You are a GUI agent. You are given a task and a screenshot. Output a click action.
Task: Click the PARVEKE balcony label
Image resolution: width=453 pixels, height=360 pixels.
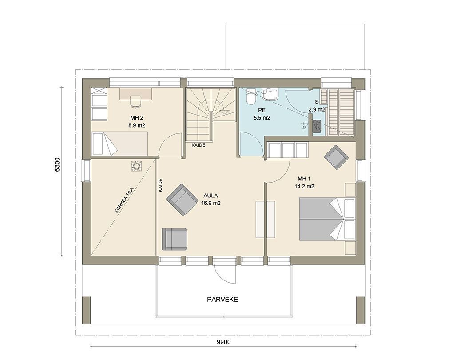pyautogui.click(x=223, y=299)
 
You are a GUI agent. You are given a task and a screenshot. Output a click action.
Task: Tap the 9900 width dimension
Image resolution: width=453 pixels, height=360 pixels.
pyautogui.click(x=224, y=342)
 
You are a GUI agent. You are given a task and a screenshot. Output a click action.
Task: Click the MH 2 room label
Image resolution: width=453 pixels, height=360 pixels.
pyautogui.click(x=137, y=118)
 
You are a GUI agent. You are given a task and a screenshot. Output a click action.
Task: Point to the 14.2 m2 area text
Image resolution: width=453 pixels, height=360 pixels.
pyautogui.click(x=304, y=187)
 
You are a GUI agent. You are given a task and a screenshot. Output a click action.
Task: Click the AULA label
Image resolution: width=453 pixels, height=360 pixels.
pyautogui.click(x=211, y=196)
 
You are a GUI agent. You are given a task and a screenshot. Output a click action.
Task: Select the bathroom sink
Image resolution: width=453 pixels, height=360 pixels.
pyautogui.click(x=271, y=93)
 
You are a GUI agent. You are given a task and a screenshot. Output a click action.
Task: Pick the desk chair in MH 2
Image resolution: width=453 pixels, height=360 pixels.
pyautogui.click(x=135, y=101)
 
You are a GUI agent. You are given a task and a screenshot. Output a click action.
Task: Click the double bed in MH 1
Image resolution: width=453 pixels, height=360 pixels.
pyautogui.click(x=326, y=219)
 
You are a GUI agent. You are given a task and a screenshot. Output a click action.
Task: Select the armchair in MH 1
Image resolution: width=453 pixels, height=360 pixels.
pyautogui.click(x=336, y=157)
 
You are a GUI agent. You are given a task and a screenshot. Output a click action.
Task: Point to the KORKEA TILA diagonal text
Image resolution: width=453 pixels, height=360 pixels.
pyautogui.click(x=124, y=200)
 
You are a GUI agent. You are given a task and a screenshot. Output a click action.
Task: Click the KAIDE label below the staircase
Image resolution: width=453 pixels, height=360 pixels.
pyautogui.click(x=199, y=145)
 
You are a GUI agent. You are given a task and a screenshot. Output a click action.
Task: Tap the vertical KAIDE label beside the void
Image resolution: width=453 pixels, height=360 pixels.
pyautogui.click(x=161, y=185)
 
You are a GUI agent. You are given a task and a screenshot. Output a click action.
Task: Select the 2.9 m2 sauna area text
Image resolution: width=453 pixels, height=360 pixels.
pyautogui.click(x=317, y=110)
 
